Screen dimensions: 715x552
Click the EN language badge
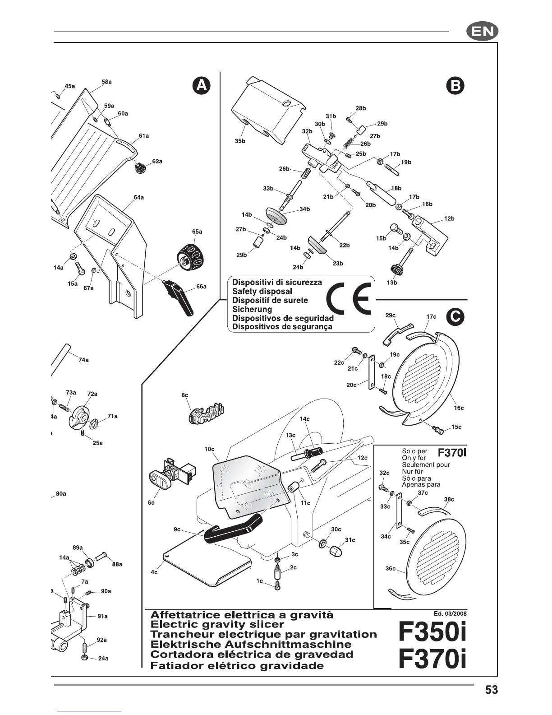click(x=482, y=32)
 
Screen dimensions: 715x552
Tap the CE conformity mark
click(x=350, y=299)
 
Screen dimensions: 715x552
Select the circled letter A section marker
click(x=202, y=86)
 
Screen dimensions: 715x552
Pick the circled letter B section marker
click(x=455, y=86)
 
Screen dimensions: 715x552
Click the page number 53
click(x=492, y=690)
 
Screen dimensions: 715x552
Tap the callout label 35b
click(x=240, y=141)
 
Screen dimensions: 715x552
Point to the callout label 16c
click(x=459, y=408)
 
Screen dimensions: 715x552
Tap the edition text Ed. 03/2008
click(x=450, y=613)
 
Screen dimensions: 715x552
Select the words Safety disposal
click(x=262, y=291)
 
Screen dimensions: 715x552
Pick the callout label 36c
click(x=390, y=569)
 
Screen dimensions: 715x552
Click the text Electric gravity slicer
click(x=217, y=625)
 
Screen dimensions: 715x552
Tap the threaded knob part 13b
click(x=396, y=269)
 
